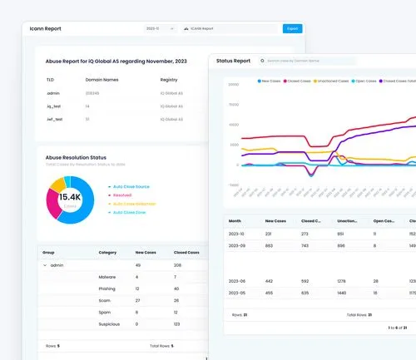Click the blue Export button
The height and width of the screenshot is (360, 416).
(292, 28)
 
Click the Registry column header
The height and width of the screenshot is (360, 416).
(169, 80)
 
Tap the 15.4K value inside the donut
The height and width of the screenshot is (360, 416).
(69, 196)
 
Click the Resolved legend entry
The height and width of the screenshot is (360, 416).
(122, 195)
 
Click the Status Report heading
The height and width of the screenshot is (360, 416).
(233, 61)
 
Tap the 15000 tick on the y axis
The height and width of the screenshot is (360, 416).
(234, 105)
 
